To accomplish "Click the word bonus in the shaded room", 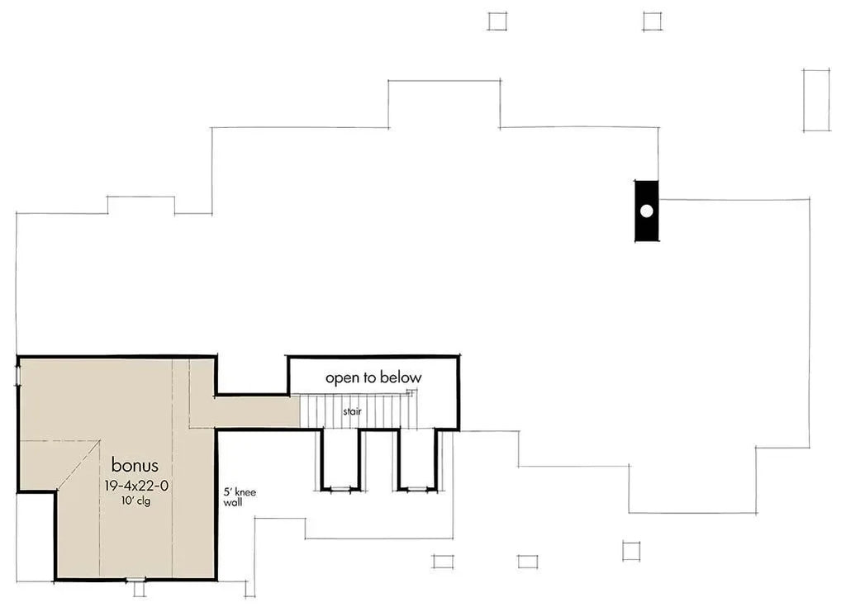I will tap(135, 465).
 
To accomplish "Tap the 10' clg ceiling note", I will tap(135, 501).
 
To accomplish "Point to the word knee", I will tap(245, 492).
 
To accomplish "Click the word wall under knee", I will tap(233, 502).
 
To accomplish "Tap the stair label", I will tap(352, 410).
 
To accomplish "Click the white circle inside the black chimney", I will tap(647, 211).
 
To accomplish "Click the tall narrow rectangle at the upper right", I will tap(815, 100).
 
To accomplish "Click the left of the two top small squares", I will tap(497, 21).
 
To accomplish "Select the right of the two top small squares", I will tap(653, 21).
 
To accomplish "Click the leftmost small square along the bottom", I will tap(443, 562).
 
